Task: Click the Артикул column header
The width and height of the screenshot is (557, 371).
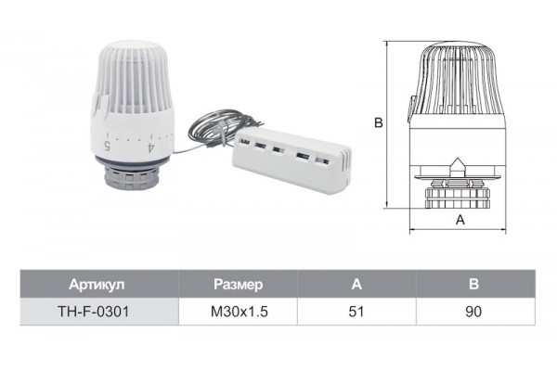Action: pyautogui.click(x=97, y=285)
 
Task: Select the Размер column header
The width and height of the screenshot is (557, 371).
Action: pyautogui.click(x=239, y=285)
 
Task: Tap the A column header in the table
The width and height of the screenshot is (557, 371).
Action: pyautogui.click(x=356, y=285)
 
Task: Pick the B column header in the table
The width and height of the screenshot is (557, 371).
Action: pyautogui.click(x=473, y=285)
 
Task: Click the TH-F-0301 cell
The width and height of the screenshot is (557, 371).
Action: pyautogui.click(x=94, y=312)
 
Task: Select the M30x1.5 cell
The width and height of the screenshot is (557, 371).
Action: pyautogui.click(x=240, y=312)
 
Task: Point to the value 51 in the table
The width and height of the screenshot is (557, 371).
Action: pyautogui.click(x=356, y=312)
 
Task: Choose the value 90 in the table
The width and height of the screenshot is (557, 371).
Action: pyautogui.click(x=473, y=312)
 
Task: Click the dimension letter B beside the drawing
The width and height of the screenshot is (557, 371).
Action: pyautogui.click(x=379, y=122)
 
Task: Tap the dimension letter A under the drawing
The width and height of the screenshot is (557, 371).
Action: pyautogui.click(x=460, y=220)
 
